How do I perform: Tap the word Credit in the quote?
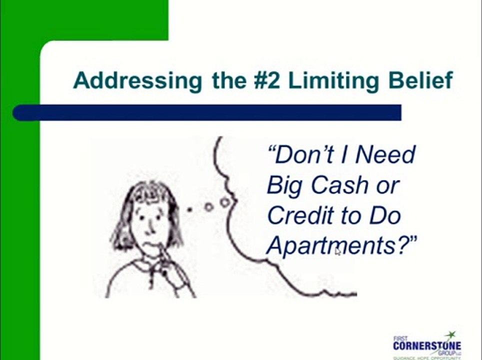(x=299, y=215)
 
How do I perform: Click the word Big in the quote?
(x=283, y=185)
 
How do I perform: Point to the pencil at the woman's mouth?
(x=161, y=250)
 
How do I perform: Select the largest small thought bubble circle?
(x=225, y=202)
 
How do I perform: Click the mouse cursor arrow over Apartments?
(x=337, y=251)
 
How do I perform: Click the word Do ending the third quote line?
(x=385, y=215)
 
